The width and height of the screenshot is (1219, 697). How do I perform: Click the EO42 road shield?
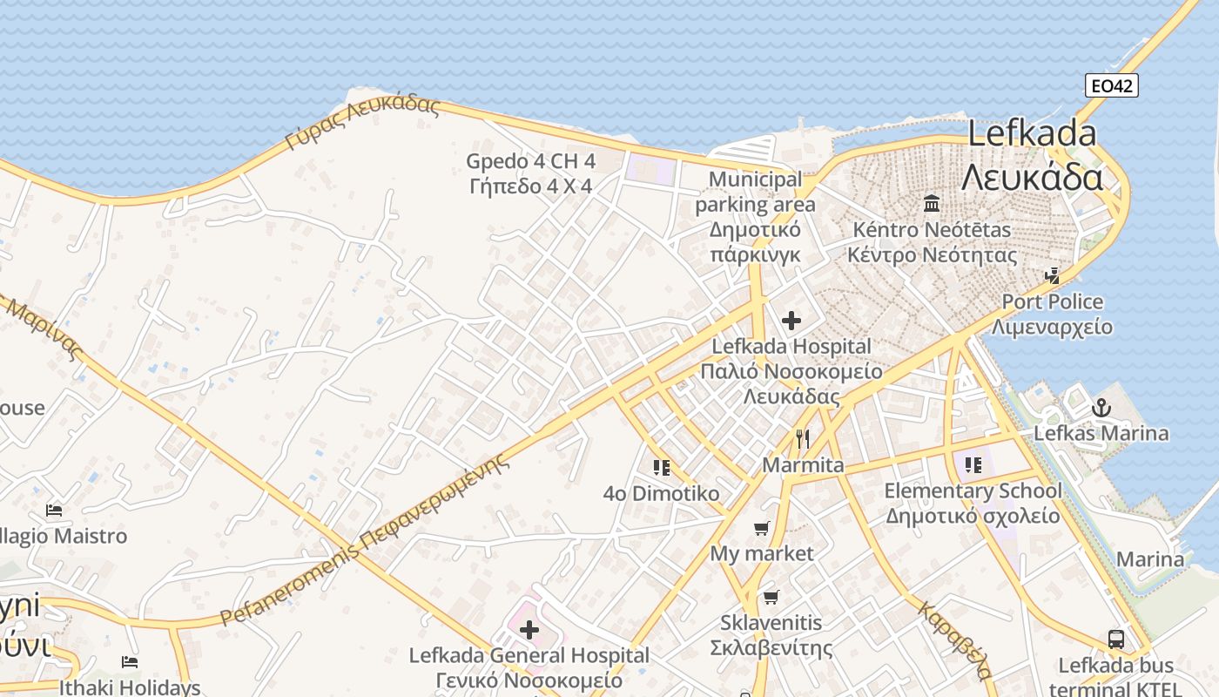point(1112,85)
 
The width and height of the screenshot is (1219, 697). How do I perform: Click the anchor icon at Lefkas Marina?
point(1101,407)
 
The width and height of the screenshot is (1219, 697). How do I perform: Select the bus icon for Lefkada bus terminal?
point(1116,639)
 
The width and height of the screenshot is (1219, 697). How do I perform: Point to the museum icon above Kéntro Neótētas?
point(932,204)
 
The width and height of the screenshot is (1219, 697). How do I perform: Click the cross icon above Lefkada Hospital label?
point(791,321)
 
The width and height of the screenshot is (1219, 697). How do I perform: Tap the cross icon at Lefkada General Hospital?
point(529,629)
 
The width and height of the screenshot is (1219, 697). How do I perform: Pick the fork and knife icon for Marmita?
point(803,438)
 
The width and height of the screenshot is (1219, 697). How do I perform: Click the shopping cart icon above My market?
point(761,528)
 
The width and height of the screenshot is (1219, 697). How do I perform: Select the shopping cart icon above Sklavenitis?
point(771,597)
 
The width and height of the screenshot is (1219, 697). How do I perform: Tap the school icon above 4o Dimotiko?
point(662,468)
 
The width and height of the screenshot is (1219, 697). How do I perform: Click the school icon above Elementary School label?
point(973,464)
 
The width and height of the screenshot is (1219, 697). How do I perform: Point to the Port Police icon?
point(1053,276)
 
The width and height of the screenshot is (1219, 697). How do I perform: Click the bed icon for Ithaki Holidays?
point(130,662)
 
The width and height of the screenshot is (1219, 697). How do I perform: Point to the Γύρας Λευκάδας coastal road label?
point(363,123)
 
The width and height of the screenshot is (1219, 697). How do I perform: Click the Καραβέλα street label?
point(954,639)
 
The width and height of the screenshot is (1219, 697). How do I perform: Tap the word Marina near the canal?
point(1150,559)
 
